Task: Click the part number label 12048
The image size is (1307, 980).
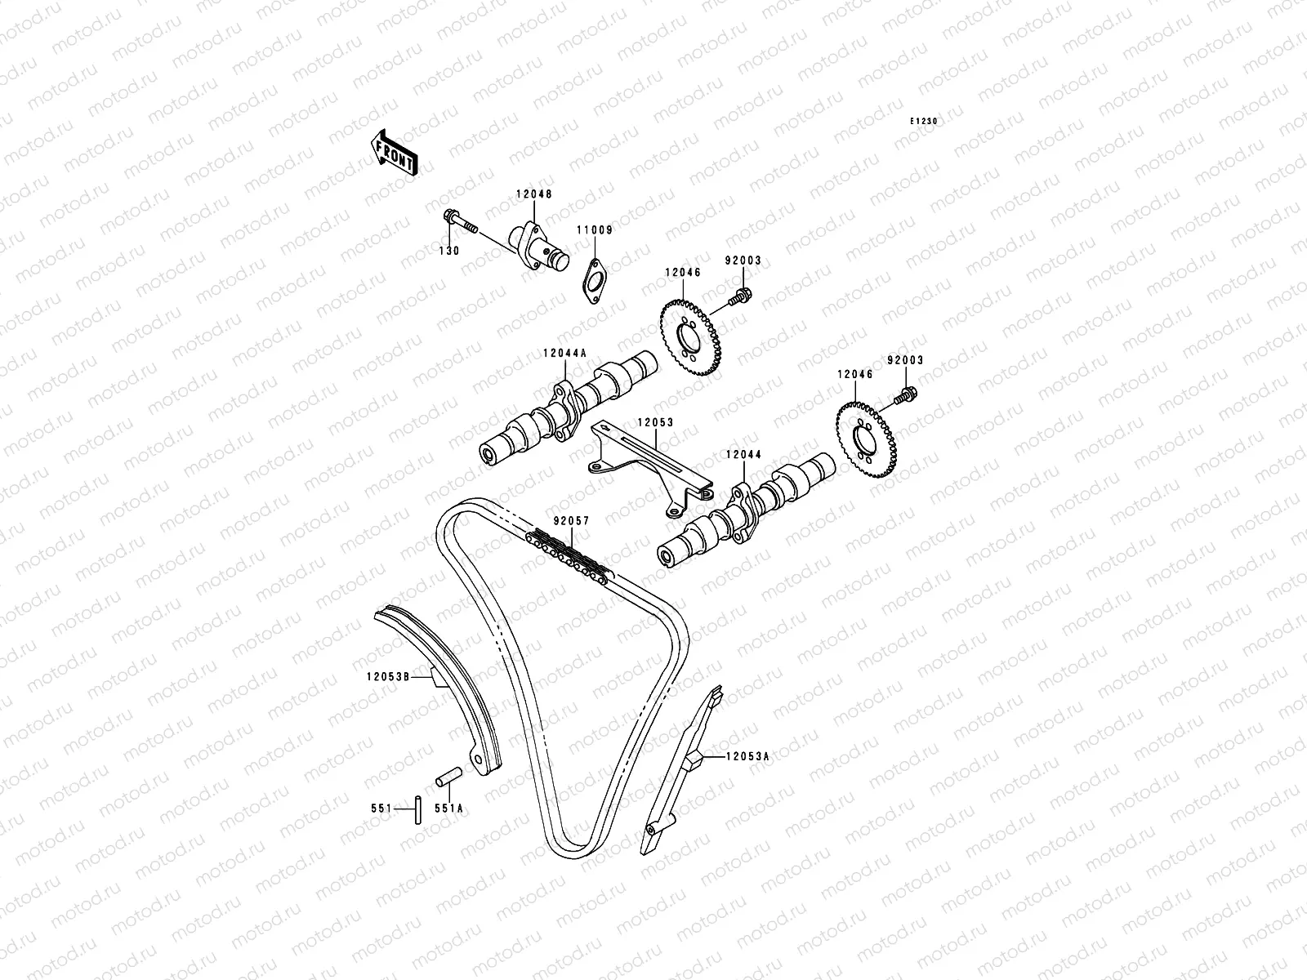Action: pyautogui.click(x=533, y=194)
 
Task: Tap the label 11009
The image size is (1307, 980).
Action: pyautogui.click(x=596, y=230)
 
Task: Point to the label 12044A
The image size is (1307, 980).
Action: pyautogui.click(x=564, y=354)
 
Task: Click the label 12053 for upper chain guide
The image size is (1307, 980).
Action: pyautogui.click(x=655, y=423)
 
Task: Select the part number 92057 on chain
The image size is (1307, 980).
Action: pyautogui.click(x=570, y=520)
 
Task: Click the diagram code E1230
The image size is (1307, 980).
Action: pyautogui.click(x=925, y=121)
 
